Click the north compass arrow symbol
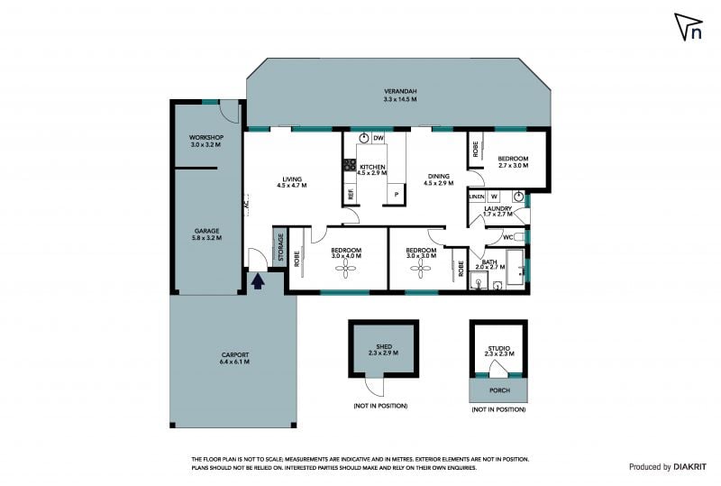689,27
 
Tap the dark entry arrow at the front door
258,281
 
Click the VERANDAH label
400,92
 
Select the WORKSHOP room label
206,137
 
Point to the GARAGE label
206,231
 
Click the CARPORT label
235,355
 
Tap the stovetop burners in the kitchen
350,165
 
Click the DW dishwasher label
379,138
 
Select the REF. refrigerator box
351,194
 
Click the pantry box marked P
396,194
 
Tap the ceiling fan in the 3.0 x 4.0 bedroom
346,269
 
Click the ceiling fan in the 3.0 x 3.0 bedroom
420,269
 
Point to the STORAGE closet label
280,247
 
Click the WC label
507,237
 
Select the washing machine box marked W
494,197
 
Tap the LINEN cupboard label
477,197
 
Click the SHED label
384,346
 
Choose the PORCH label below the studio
499,390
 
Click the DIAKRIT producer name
689,467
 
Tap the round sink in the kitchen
364,138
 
